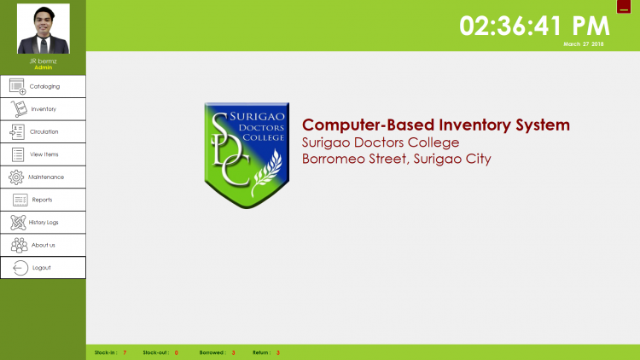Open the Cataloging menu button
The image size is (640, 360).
pyautogui.click(x=43, y=86)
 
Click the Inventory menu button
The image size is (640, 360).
pyautogui.click(x=43, y=109)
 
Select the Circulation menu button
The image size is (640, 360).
pyautogui.click(x=43, y=132)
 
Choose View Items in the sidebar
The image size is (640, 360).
pyautogui.click(x=43, y=154)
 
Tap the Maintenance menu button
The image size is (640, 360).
pyautogui.click(x=43, y=177)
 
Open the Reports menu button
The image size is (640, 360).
pyautogui.click(x=43, y=200)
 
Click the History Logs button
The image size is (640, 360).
pyautogui.click(x=43, y=223)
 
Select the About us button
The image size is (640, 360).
pyautogui.click(x=43, y=245)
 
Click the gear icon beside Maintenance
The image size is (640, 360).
pyautogui.click(x=16, y=177)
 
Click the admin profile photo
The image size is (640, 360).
pyautogui.click(x=44, y=28)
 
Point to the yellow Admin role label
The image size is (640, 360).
pyautogui.click(x=44, y=67)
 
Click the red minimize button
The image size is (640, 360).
pyautogui.click(x=624, y=7)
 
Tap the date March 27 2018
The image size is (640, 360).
pyautogui.click(x=584, y=44)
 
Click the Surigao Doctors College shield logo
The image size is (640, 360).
pyautogui.click(x=247, y=155)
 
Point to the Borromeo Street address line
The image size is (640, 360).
pyautogui.click(x=396, y=159)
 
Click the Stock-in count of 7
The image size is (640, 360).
pyautogui.click(x=125, y=352)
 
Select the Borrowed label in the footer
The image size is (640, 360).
pyautogui.click(x=212, y=352)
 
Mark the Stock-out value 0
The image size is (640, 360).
pyautogui.click(x=177, y=352)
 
